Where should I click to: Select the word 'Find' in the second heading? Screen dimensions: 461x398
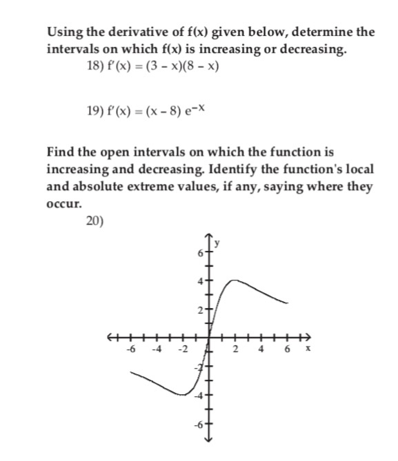tap(61, 152)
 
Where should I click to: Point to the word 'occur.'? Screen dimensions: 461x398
tap(63, 205)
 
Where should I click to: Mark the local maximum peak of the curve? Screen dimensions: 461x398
tap(235, 280)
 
